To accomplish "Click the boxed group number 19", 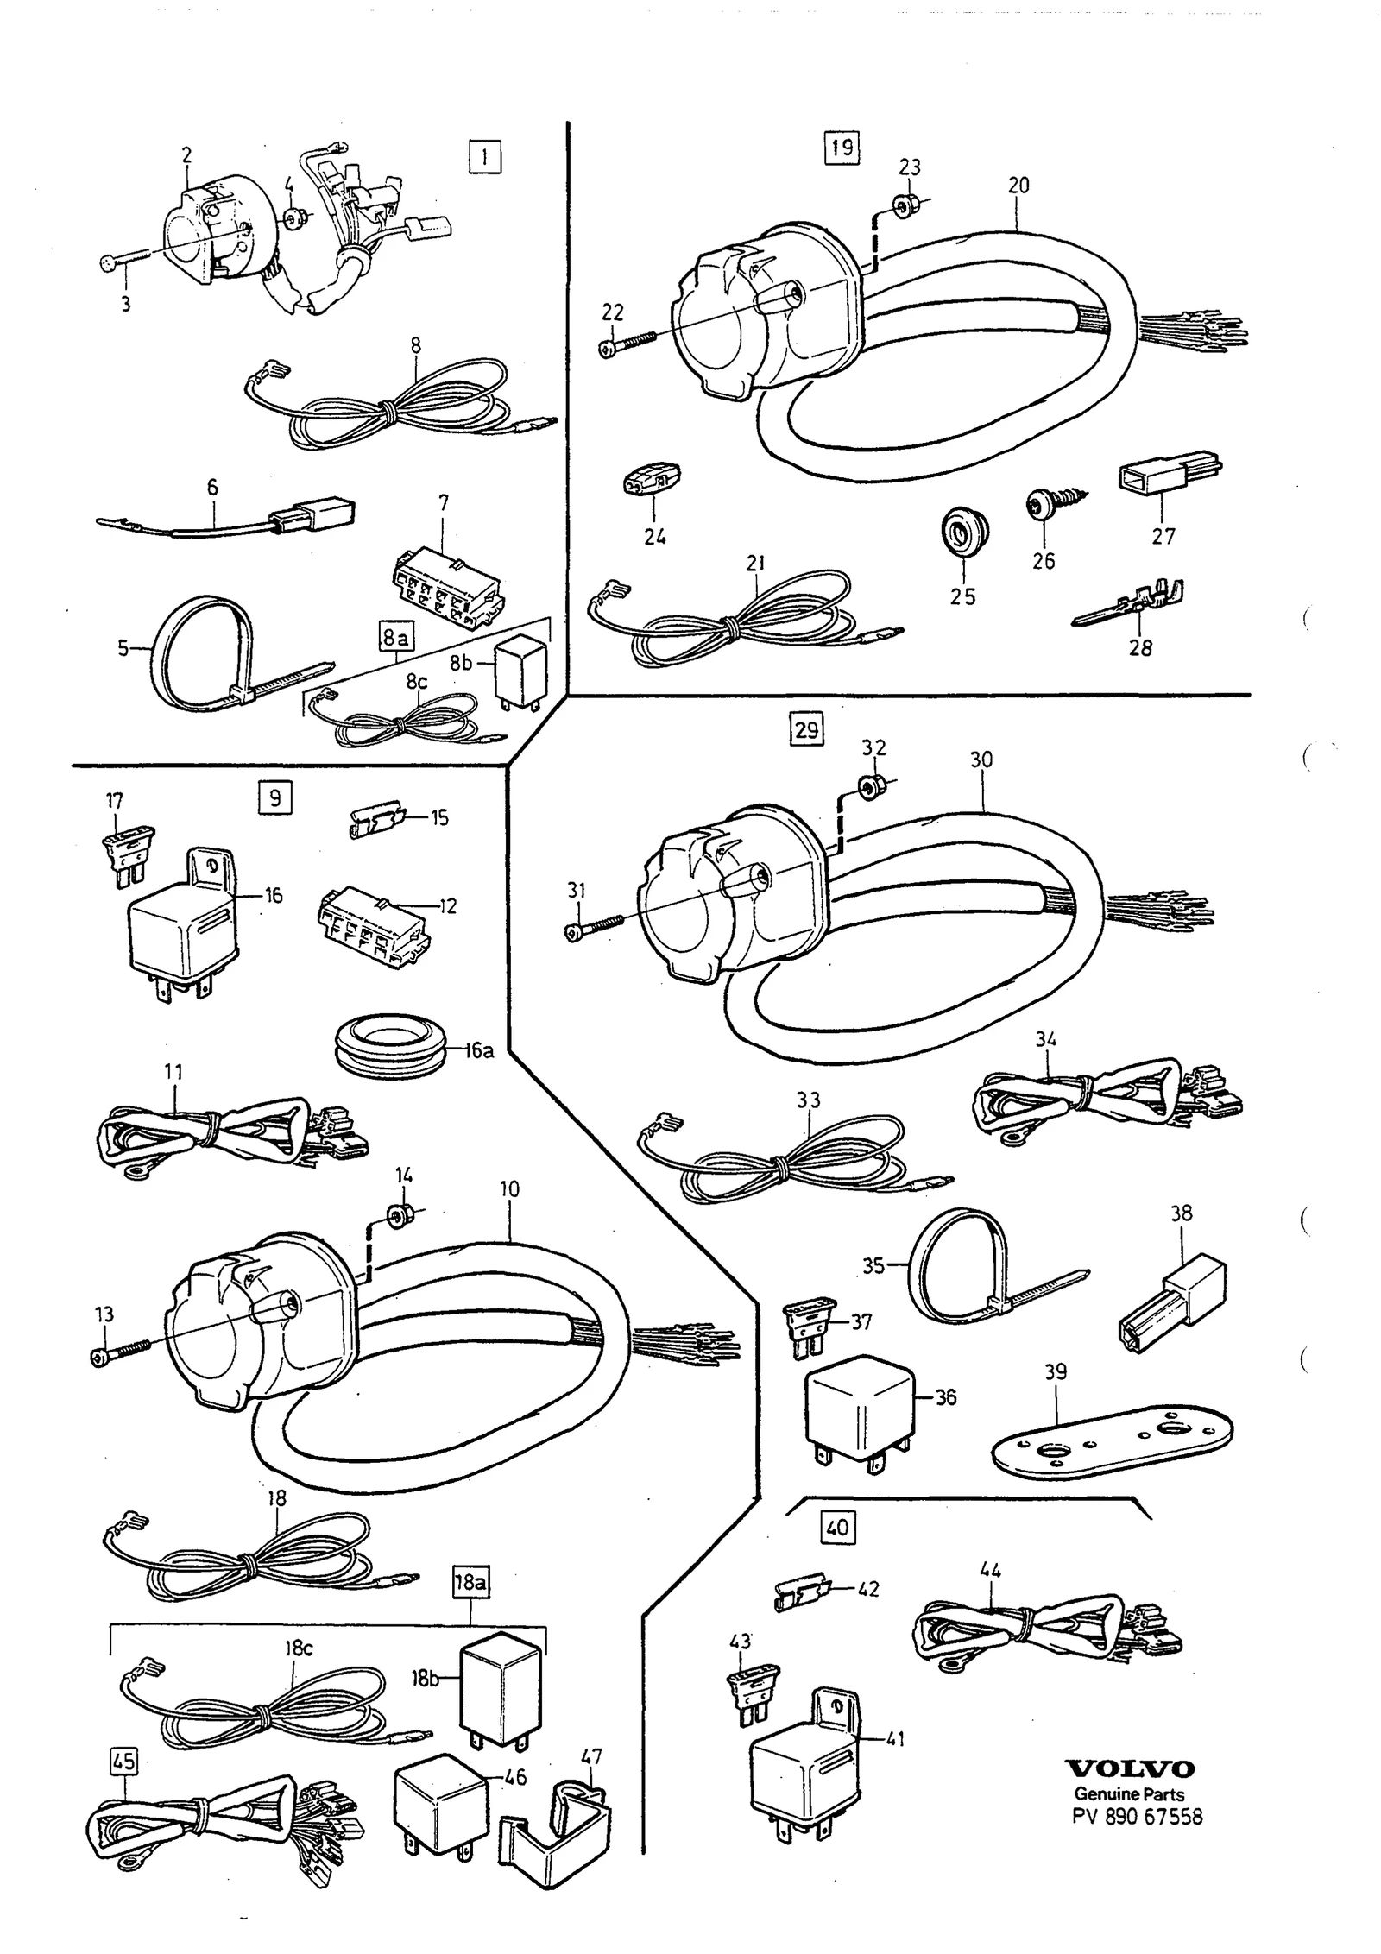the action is (x=841, y=148).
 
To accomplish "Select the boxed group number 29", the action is (x=806, y=730).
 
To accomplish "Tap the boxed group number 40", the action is (x=837, y=1528).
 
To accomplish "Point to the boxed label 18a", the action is (x=470, y=1582).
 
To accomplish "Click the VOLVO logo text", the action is (x=1130, y=1768).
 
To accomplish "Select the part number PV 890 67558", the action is (x=1137, y=1816).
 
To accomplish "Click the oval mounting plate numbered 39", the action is (x=1113, y=1446).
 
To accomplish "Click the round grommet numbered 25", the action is (x=963, y=533).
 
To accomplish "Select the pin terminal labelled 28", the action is (x=1129, y=602).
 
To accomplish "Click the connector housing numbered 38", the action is (x=1170, y=1298).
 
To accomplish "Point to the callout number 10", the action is (x=509, y=1188).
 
